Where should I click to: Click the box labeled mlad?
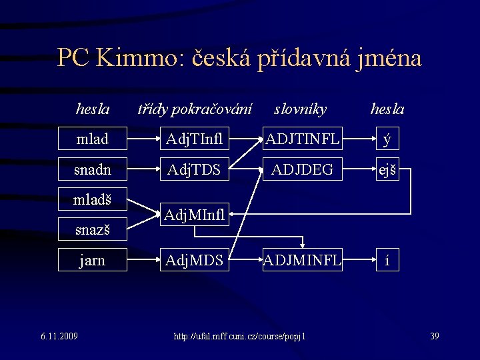(x=92, y=139)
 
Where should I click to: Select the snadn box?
(x=92, y=170)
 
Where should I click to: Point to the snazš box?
(x=92, y=230)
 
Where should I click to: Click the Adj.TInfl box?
(x=194, y=139)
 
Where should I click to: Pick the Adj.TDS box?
(x=194, y=170)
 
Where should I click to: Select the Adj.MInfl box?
(x=194, y=215)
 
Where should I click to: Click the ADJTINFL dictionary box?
(x=302, y=139)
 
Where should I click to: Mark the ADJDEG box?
(x=302, y=170)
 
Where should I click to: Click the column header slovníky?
(x=300, y=109)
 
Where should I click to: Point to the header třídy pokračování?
(x=194, y=109)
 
